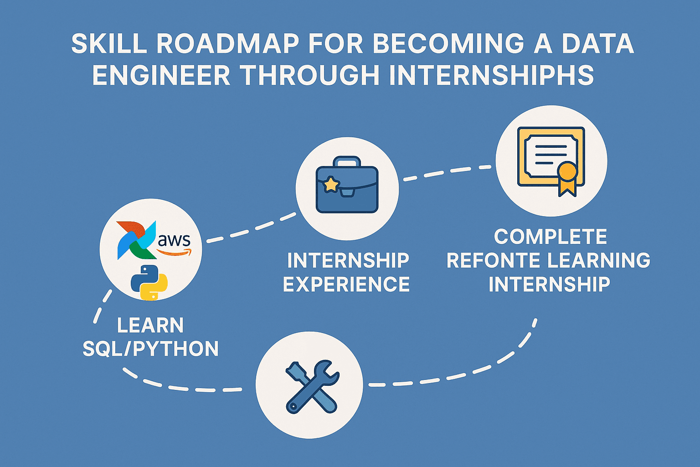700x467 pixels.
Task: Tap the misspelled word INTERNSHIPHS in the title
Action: (492, 75)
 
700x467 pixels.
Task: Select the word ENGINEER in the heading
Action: (161, 75)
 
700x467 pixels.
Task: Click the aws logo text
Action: (174, 240)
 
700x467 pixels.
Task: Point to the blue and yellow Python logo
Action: (149, 282)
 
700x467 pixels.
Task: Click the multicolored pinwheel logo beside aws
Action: (136, 240)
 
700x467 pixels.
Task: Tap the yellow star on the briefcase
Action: (331, 185)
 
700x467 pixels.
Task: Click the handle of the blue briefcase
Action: (347, 161)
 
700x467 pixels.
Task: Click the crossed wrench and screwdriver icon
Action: (312, 387)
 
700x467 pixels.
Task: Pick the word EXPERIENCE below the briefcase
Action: (346, 284)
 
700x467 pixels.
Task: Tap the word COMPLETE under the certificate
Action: (551, 237)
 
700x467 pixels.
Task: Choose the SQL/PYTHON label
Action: (150, 349)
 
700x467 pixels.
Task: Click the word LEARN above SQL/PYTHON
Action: (150, 325)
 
